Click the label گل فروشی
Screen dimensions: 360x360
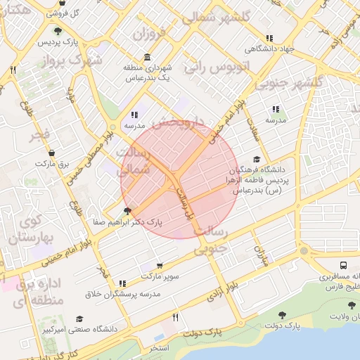click(x=61, y=13)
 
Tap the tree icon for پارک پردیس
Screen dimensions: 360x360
click(x=57, y=30)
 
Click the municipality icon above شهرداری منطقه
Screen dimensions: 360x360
click(x=147, y=57)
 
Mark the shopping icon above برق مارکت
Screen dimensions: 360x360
click(x=51, y=153)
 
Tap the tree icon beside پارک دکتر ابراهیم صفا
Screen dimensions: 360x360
click(x=127, y=210)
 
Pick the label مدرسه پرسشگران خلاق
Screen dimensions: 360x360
click(x=123, y=293)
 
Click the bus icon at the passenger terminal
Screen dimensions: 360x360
click(x=342, y=266)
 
